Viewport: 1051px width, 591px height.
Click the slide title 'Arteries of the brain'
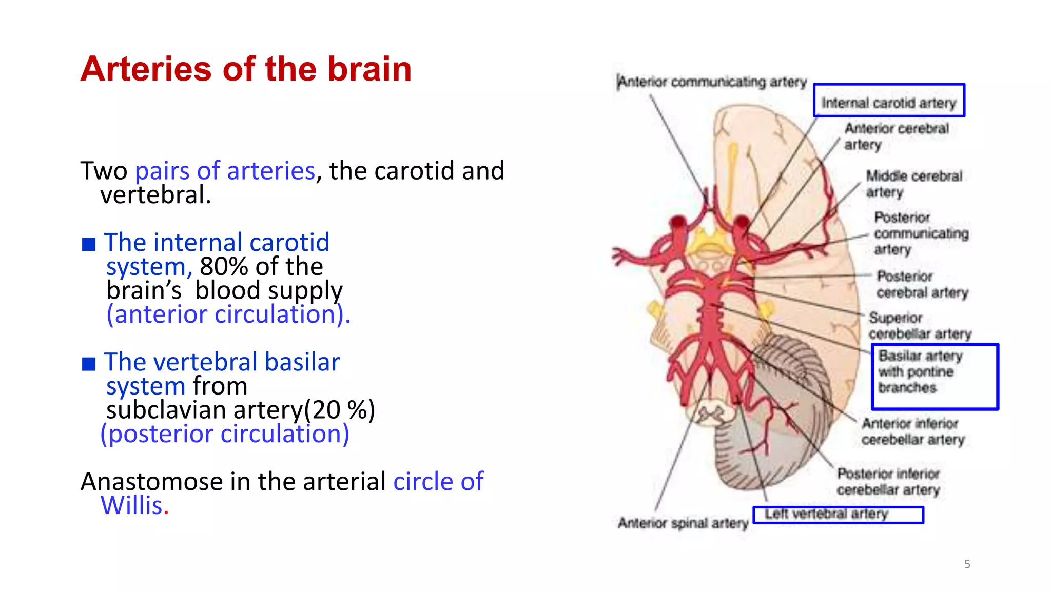[x=246, y=69]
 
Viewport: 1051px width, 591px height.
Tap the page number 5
[x=967, y=564]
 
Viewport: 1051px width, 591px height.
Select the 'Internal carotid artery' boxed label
[x=889, y=103]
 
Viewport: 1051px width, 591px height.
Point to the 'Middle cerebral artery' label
[x=913, y=184]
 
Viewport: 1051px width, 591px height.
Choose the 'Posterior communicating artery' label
[x=921, y=233]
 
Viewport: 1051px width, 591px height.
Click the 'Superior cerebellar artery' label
[x=920, y=326]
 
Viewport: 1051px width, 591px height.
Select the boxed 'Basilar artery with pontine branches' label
[x=920, y=372]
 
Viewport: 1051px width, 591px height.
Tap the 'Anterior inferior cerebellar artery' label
[x=912, y=431]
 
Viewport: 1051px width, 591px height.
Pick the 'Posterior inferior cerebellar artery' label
[x=888, y=481]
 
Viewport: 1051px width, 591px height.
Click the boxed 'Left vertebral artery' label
[x=826, y=514]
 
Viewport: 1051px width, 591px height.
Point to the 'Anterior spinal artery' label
[x=683, y=523]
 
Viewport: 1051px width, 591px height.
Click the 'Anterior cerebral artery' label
[x=897, y=136]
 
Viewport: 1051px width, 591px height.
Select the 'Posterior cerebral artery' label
[x=922, y=284]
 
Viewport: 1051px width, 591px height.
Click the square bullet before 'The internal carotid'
[x=89, y=244]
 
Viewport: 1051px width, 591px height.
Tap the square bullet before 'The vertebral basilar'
[x=89, y=364]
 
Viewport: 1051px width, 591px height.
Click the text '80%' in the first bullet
[x=224, y=267]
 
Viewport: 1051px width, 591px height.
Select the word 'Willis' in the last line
[x=131, y=506]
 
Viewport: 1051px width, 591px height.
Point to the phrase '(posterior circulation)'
[x=225, y=434]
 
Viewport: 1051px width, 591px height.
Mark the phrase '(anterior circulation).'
[x=228, y=314]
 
